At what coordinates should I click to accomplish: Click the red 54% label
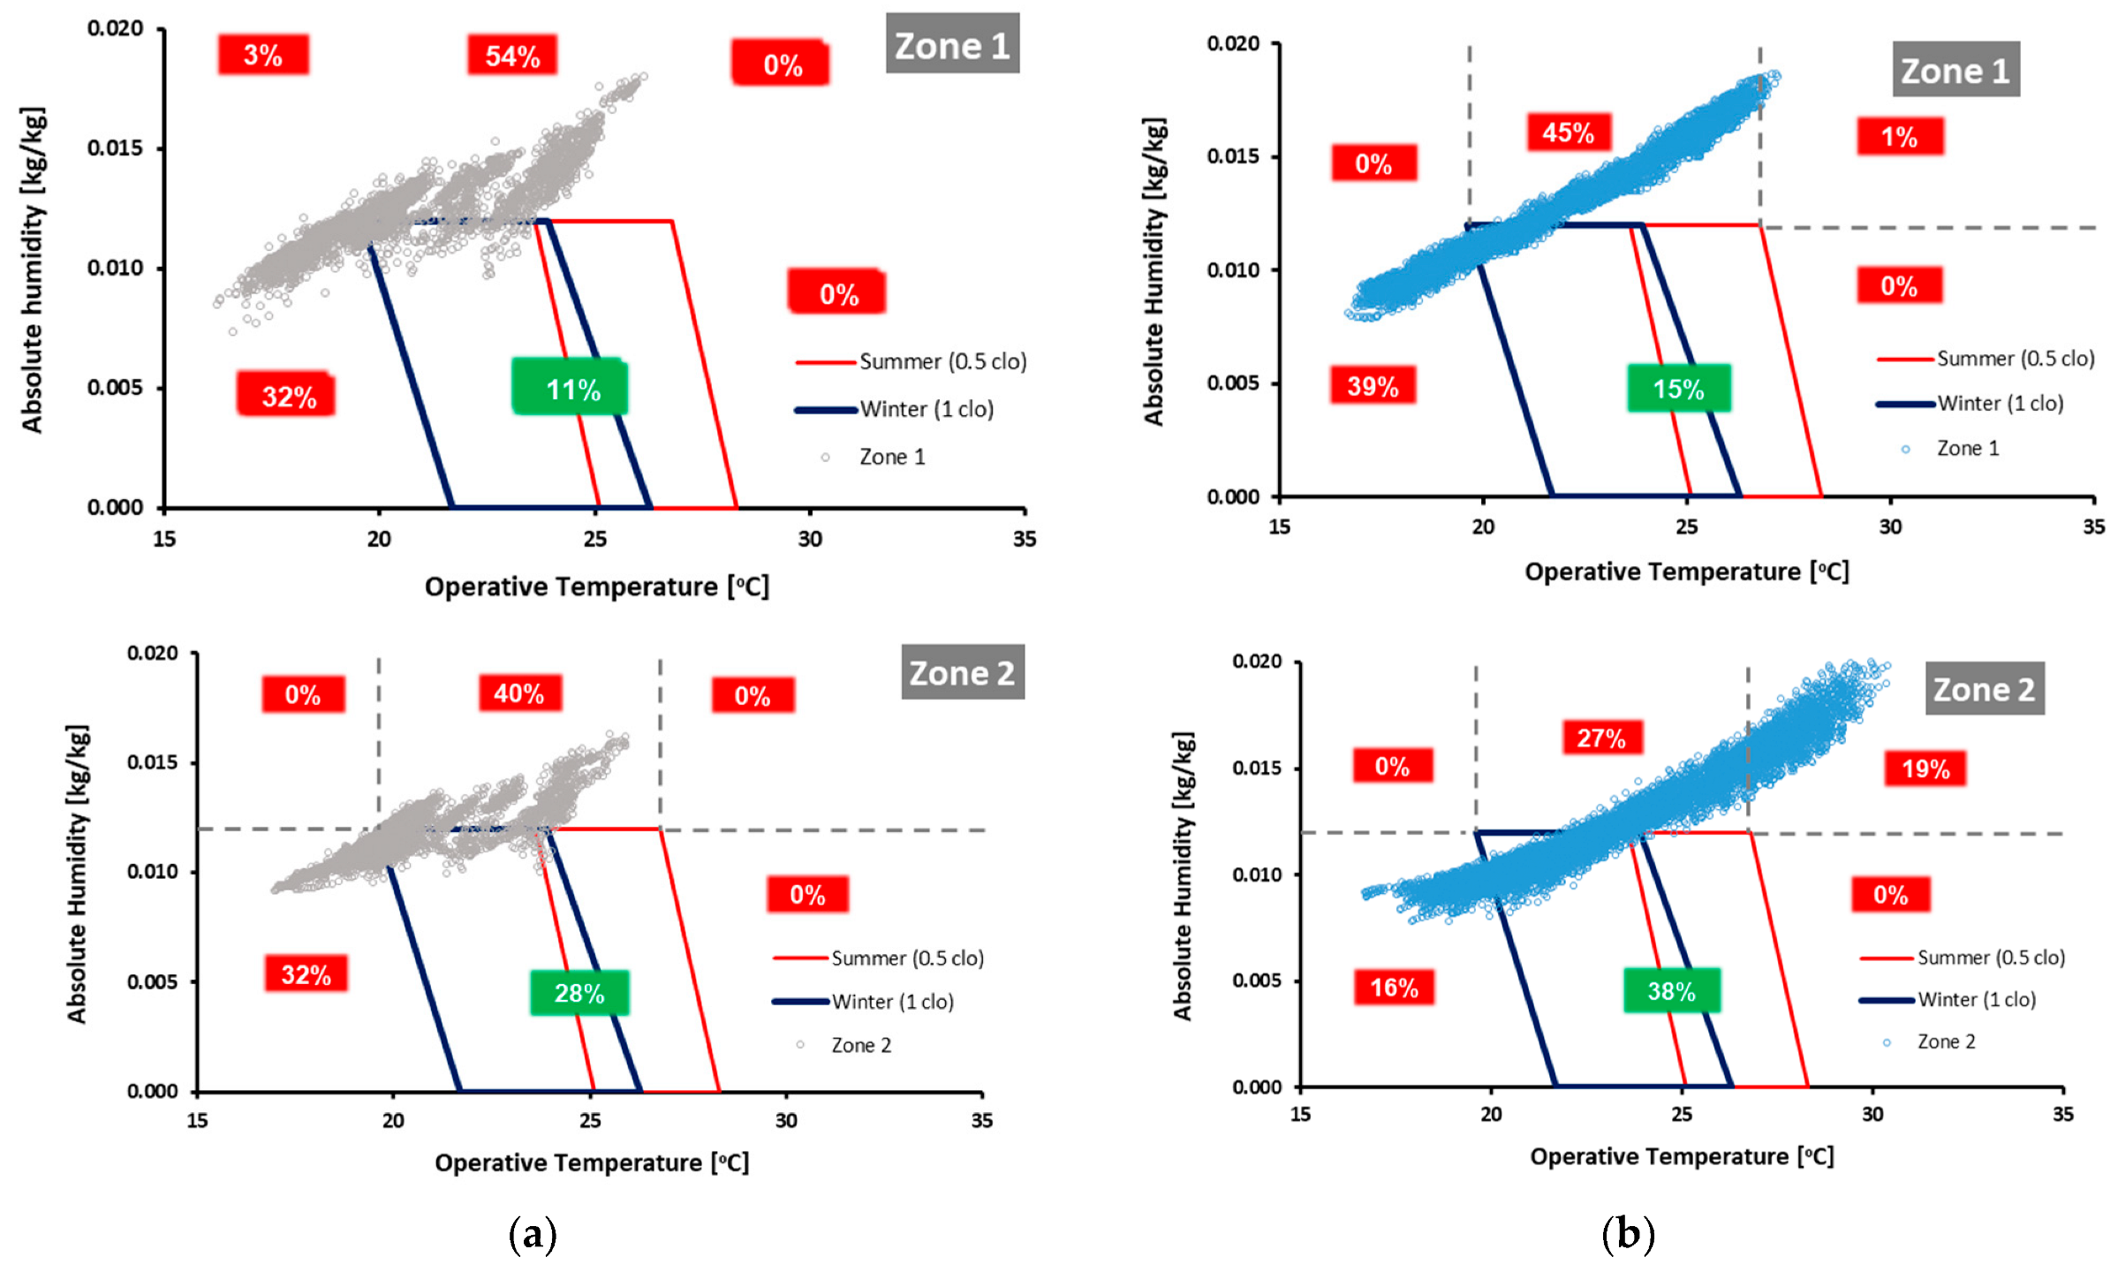[x=512, y=56]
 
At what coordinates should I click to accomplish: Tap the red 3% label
[x=263, y=55]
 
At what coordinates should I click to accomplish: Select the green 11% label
[x=571, y=388]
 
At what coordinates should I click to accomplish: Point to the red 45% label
[x=1568, y=132]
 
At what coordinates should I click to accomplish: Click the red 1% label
[x=1899, y=137]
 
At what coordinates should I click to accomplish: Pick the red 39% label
[x=1373, y=385]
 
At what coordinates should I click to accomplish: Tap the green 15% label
[x=1678, y=388]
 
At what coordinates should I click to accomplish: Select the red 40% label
[x=519, y=693]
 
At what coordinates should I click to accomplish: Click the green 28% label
[x=579, y=993]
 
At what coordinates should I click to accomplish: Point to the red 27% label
[x=1602, y=738]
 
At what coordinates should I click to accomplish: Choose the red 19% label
[x=1925, y=768]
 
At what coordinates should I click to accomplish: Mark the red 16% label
[x=1394, y=987]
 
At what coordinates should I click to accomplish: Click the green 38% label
[x=1671, y=990]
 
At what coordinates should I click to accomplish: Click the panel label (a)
[x=533, y=1233]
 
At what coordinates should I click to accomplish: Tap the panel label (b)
[x=1627, y=1233]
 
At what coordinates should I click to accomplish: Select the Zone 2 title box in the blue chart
[x=1984, y=689]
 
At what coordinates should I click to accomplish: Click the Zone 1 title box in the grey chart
[x=952, y=44]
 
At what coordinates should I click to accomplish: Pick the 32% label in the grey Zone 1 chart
[x=288, y=395]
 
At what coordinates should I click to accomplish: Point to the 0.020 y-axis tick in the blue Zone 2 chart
[x=1256, y=662]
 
